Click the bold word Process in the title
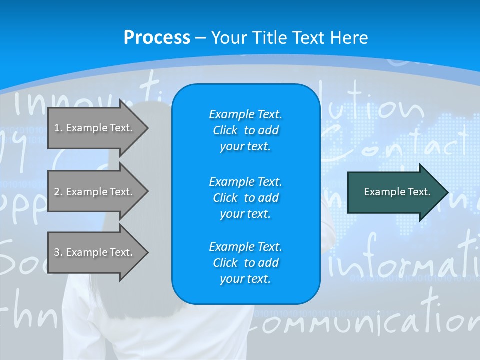157,38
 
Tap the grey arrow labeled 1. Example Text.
95,128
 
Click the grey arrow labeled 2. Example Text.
95,192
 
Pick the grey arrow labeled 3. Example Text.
95,252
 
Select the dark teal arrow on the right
395,192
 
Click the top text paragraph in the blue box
245,130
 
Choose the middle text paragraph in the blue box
245,197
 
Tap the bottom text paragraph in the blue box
245,263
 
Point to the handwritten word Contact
395,142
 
